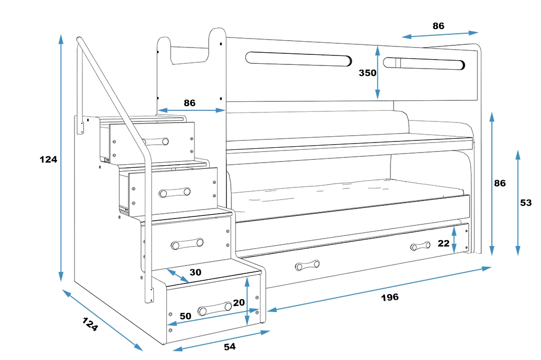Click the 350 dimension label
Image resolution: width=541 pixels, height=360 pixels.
tap(367, 73)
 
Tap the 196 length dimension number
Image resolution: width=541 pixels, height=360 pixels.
tap(390, 297)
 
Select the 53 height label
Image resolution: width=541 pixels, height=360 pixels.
tap(526, 203)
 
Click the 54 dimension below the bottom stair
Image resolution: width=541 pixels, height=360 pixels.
tap(229, 346)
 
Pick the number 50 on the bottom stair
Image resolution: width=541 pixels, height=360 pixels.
tap(185, 316)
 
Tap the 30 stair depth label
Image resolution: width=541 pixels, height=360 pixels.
tap(195, 272)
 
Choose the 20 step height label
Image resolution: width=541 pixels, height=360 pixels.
tap(239, 302)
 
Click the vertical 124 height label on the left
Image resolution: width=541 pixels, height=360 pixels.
tap(48, 159)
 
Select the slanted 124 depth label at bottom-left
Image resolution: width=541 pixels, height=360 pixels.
tap(90, 324)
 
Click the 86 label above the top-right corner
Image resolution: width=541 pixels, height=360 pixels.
tap(439, 25)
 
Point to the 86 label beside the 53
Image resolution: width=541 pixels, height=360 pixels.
tap(500, 183)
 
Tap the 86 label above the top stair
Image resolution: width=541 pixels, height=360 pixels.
tap(190, 103)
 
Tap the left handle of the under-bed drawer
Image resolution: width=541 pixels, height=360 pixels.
tap(307, 265)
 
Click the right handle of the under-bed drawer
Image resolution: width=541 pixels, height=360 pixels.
tap(421, 246)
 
